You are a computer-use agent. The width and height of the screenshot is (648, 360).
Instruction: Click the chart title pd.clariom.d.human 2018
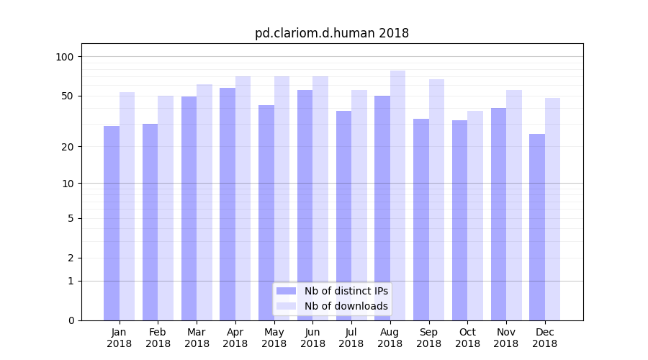tap(332, 33)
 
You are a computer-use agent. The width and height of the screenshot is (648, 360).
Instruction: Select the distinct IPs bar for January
tap(112, 223)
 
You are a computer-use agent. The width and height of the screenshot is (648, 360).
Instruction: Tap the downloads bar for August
tap(397, 195)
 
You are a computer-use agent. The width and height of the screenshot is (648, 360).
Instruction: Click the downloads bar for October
tap(475, 215)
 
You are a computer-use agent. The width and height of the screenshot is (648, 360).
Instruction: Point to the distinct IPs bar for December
tap(537, 227)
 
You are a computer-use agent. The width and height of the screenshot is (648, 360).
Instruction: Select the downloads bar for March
tap(204, 202)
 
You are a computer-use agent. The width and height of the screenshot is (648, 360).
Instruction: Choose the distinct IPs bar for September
tap(421, 220)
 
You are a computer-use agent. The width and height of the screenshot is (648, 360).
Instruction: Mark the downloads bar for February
tap(166, 208)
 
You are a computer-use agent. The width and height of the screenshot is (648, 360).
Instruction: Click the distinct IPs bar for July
tap(343, 215)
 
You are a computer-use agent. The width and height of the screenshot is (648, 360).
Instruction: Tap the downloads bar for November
tap(514, 205)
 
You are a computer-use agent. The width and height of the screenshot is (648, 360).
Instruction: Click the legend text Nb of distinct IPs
tap(346, 291)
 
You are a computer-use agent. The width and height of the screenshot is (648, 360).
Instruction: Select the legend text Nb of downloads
tap(346, 306)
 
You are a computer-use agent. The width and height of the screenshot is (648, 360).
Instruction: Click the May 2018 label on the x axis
tap(274, 338)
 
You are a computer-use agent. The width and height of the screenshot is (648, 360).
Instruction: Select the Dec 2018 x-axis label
tap(544, 338)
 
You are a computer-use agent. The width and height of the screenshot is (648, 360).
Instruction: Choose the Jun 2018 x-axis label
tap(312, 338)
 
